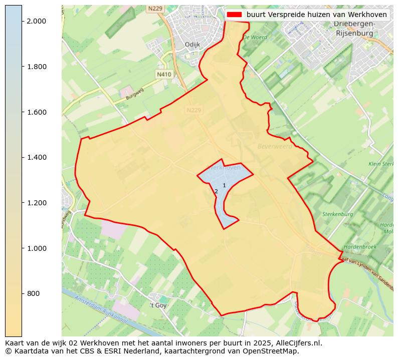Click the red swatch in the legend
[x=234, y=15]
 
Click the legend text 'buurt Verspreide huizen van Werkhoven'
[x=316, y=15]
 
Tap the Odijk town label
[x=192, y=45]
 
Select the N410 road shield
[x=164, y=74]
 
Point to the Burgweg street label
[x=135, y=95]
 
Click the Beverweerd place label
[x=274, y=146]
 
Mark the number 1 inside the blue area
[x=224, y=185]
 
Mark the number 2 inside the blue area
[x=216, y=191]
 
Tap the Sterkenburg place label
[x=338, y=214]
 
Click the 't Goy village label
[x=158, y=305]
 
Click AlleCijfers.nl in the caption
[x=296, y=343]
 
